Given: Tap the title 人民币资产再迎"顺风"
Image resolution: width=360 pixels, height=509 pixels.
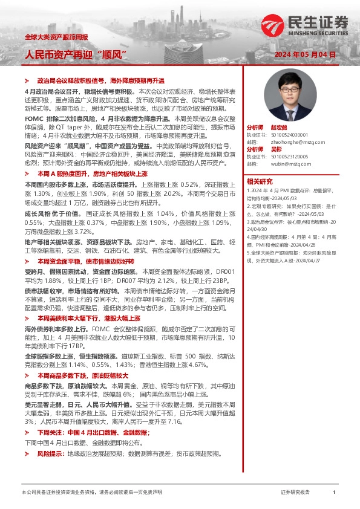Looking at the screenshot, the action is tap(78, 54).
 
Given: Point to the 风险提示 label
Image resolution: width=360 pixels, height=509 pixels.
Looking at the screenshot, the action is tap(51, 470).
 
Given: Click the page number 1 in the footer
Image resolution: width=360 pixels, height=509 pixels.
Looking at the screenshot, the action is tap(334, 492).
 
